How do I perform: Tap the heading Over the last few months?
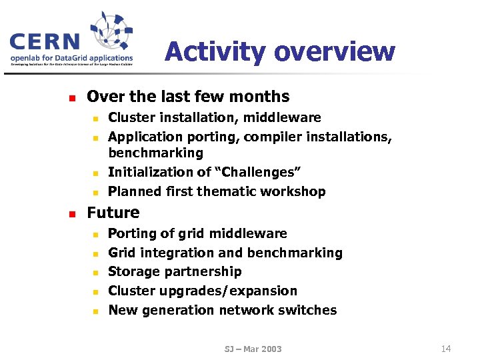click(x=188, y=97)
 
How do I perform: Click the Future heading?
click(x=113, y=213)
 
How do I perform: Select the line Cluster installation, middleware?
click(x=214, y=118)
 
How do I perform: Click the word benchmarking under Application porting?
click(x=155, y=153)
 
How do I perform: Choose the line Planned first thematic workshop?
click(x=217, y=192)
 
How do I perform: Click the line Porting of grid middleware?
click(x=197, y=234)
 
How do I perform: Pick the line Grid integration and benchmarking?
click(x=225, y=253)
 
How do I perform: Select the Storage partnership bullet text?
click(x=175, y=272)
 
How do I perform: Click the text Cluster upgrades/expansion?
click(x=203, y=291)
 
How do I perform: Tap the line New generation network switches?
click(x=222, y=311)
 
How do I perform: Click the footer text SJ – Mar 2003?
click(x=253, y=349)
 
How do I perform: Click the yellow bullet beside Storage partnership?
click(x=95, y=273)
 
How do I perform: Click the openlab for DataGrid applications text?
click(x=71, y=58)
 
